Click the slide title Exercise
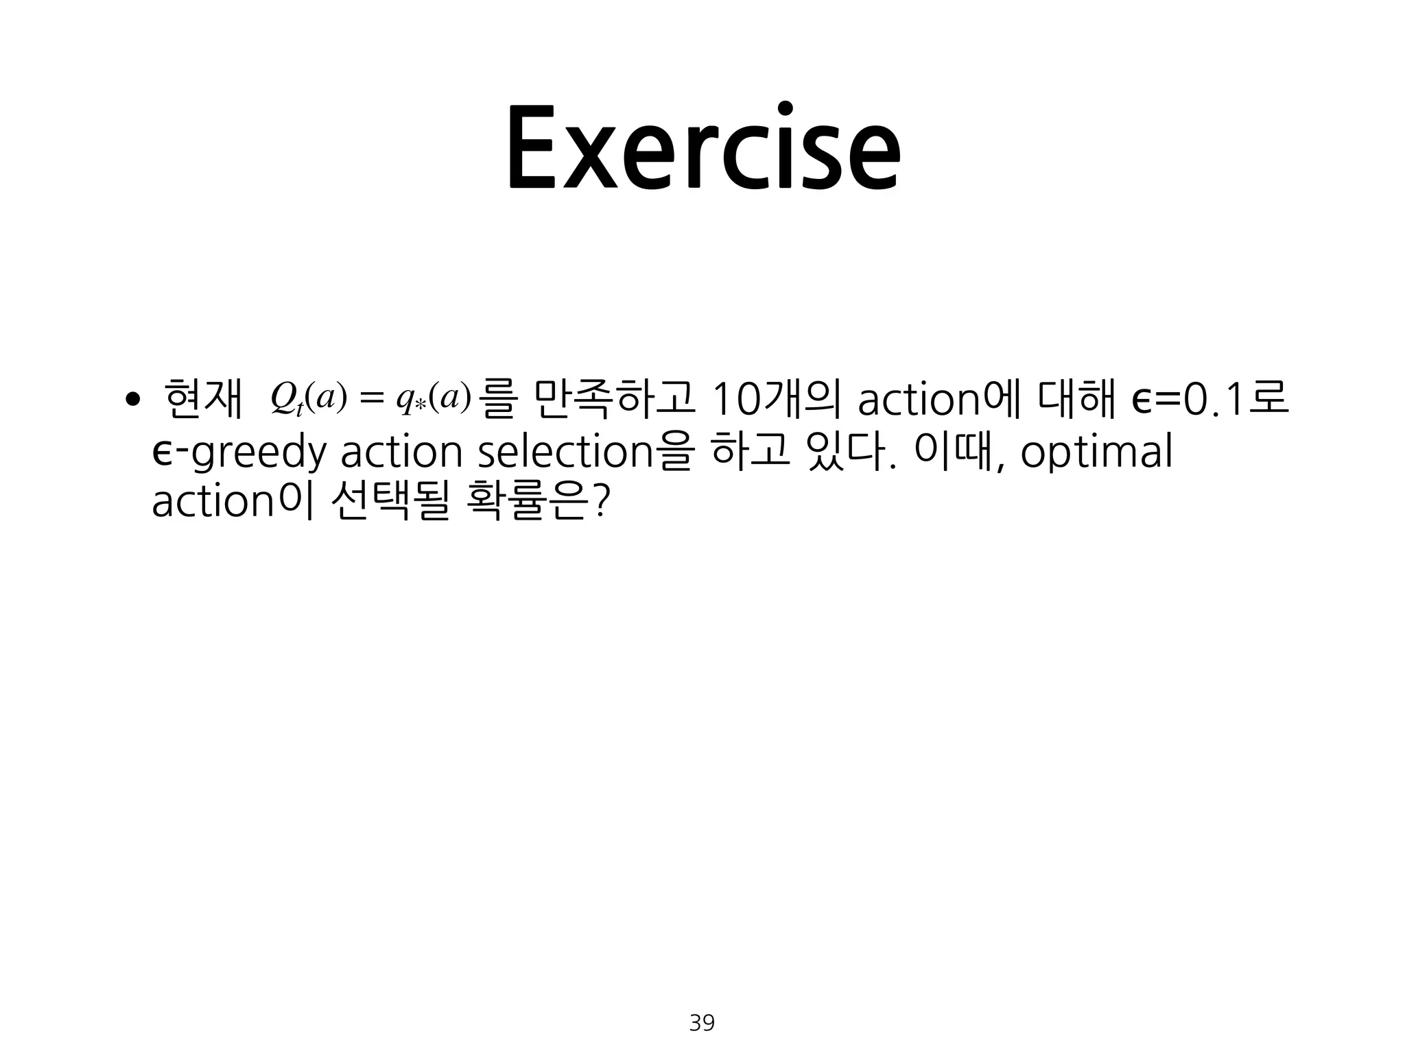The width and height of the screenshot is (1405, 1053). (702, 149)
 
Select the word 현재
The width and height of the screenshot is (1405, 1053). (204, 400)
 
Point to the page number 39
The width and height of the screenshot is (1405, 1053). (702, 1024)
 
